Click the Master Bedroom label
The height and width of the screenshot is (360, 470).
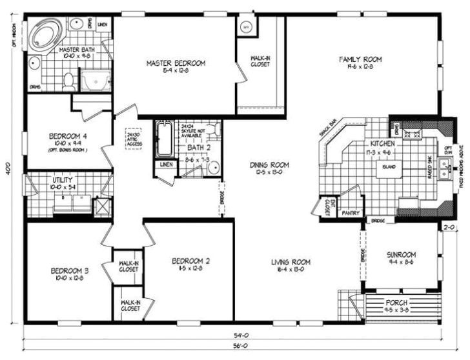[x=176, y=63]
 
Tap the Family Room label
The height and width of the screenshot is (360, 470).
[x=361, y=59]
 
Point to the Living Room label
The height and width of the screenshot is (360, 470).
[x=291, y=262]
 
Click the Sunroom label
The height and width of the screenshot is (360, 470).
[x=401, y=254]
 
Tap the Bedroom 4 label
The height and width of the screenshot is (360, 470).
[x=68, y=136]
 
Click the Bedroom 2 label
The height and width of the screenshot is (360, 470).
[x=191, y=261]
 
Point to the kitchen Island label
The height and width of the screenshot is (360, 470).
[x=390, y=166]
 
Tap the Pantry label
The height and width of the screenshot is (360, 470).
[x=350, y=211]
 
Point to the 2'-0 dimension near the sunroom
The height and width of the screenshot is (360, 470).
[x=449, y=227]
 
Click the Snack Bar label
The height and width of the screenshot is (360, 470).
[x=329, y=128]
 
